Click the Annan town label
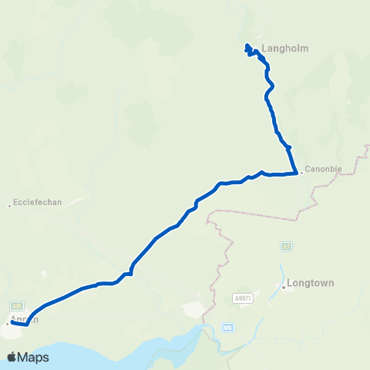click(x=23, y=318)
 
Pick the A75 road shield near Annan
click(x=16, y=305)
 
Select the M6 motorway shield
click(x=227, y=327)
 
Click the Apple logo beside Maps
click(x=12, y=357)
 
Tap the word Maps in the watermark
click(x=35, y=357)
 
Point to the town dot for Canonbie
click(x=301, y=173)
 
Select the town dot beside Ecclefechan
click(x=9, y=205)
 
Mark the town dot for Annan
click(x=8, y=324)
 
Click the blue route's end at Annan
click(x=12, y=321)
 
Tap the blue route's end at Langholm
click(x=247, y=45)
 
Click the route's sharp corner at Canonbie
click(x=297, y=172)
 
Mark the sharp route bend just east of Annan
click(x=27, y=325)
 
